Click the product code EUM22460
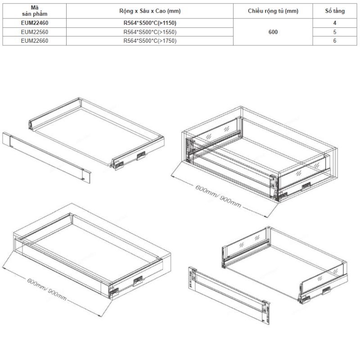pos(35,23)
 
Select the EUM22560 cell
pos(35,32)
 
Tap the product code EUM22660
pos(35,41)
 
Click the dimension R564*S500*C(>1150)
pos(150,23)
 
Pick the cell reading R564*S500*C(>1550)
pos(150,32)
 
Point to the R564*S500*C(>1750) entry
pos(150,41)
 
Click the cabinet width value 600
pos(273,32)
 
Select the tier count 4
pos(335,23)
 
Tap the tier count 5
pos(335,32)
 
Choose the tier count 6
pos(335,41)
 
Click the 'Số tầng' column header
pos(335,11)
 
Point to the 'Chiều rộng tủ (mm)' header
pos(273,11)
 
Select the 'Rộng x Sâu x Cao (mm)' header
pos(150,11)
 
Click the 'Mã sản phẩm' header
pos(35,11)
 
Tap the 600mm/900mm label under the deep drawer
pos(218,197)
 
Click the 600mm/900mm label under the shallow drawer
pos(47,289)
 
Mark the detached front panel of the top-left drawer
pos(47,157)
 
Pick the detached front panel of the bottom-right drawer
pos(229,296)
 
